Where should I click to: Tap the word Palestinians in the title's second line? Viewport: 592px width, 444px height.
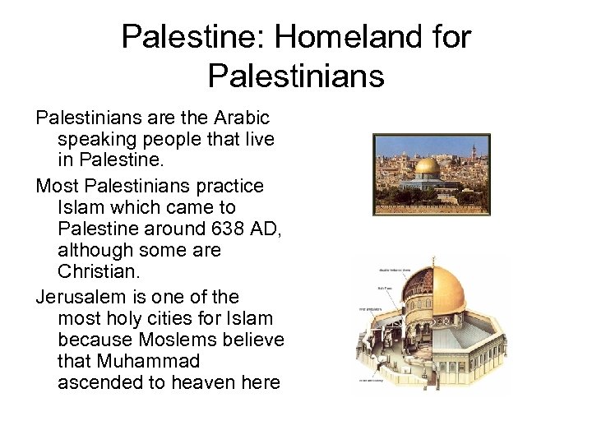(x=296, y=76)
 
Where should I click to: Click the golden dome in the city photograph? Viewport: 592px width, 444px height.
(x=426, y=167)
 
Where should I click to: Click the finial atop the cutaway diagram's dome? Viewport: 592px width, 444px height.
(x=434, y=261)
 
